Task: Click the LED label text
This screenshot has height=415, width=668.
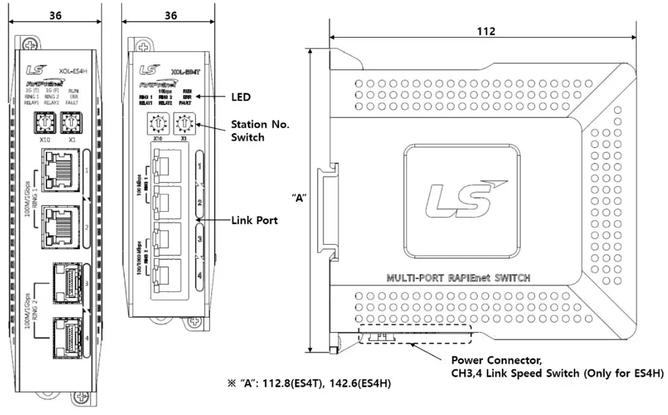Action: pos(240,98)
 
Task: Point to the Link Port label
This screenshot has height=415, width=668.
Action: pos(254,220)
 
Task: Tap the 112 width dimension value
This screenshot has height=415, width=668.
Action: pos(485,32)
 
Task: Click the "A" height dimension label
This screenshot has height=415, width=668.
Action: pos(298,198)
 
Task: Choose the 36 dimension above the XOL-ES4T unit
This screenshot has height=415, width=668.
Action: pos(171,15)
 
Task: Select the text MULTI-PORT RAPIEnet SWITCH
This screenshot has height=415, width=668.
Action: pos(458,278)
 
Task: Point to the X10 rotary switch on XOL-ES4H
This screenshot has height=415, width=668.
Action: pos(45,124)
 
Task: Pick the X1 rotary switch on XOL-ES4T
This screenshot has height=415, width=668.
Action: pos(183,125)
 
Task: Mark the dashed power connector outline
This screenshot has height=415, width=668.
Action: pos(414,334)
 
